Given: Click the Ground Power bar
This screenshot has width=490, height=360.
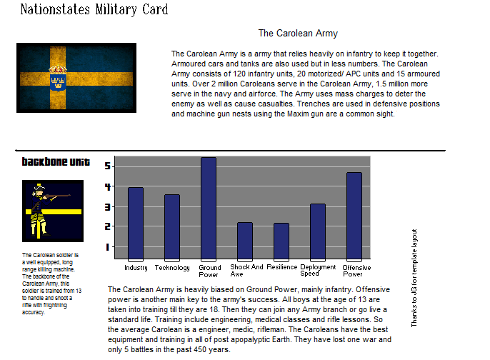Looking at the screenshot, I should click(209, 208).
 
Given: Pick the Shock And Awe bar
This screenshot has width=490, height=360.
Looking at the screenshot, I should click(245, 240).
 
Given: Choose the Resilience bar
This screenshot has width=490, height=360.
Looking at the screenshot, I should click(281, 241).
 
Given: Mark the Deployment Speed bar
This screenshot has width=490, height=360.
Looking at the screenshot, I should click(318, 231).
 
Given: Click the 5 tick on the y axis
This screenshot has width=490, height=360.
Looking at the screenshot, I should click(108, 166).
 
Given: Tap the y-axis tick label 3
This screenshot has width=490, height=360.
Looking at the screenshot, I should click(108, 206).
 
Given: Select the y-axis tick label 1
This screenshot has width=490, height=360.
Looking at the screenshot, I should click(108, 247).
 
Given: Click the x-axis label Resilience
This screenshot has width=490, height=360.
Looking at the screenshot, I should click(281, 268).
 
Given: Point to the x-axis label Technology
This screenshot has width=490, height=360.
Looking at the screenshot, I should click(172, 268).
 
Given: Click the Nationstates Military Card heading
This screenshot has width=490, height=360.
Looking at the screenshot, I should click(94, 9).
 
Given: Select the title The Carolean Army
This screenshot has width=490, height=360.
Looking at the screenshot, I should click(298, 33).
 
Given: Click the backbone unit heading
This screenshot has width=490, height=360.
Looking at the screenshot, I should click(56, 162).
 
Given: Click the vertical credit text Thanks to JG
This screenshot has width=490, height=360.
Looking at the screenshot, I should click(414, 278).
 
